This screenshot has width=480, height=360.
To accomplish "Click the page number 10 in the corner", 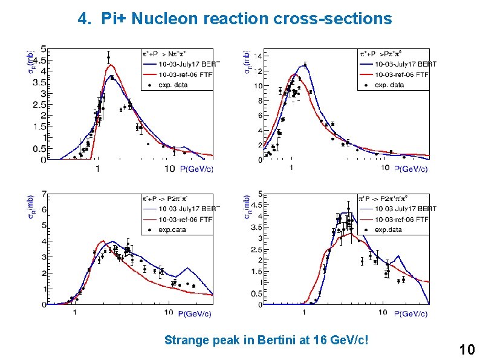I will point(467,349).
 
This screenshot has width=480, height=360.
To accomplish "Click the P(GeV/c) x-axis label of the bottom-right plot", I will point(410,313).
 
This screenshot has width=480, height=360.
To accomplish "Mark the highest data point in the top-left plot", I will point(108,57).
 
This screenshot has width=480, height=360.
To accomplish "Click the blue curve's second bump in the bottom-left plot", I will point(193,268).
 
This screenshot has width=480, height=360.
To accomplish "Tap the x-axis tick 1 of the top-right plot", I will point(291,168).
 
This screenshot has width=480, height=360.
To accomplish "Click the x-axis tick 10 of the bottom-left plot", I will point(169,313).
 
